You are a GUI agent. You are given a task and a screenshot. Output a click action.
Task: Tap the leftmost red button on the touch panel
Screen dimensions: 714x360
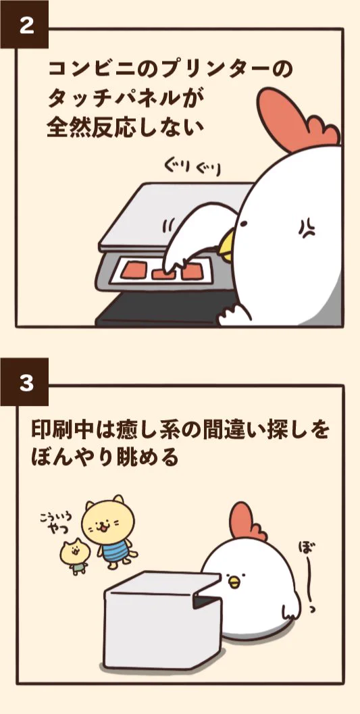pos(134,268)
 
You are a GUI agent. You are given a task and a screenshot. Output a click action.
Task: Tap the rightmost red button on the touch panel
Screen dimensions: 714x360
pos(190,271)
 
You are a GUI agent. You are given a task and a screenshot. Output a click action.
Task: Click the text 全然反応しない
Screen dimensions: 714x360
pos(125,128)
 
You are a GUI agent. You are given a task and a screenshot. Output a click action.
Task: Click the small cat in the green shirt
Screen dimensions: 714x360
pos(74,557)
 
